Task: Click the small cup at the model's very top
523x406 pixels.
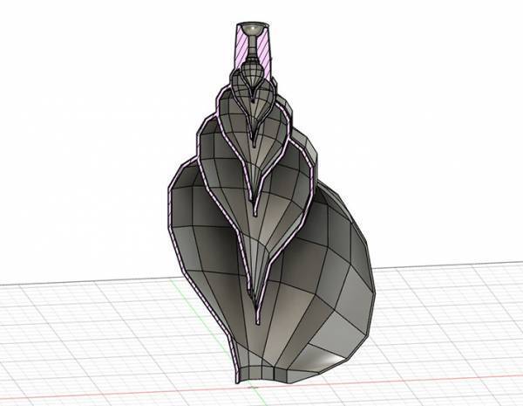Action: pyautogui.click(x=253, y=29)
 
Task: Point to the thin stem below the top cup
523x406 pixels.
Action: pyautogui.click(x=253, y=44)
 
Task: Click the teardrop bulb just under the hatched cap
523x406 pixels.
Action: pyautogui.click(x=253, y=65)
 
